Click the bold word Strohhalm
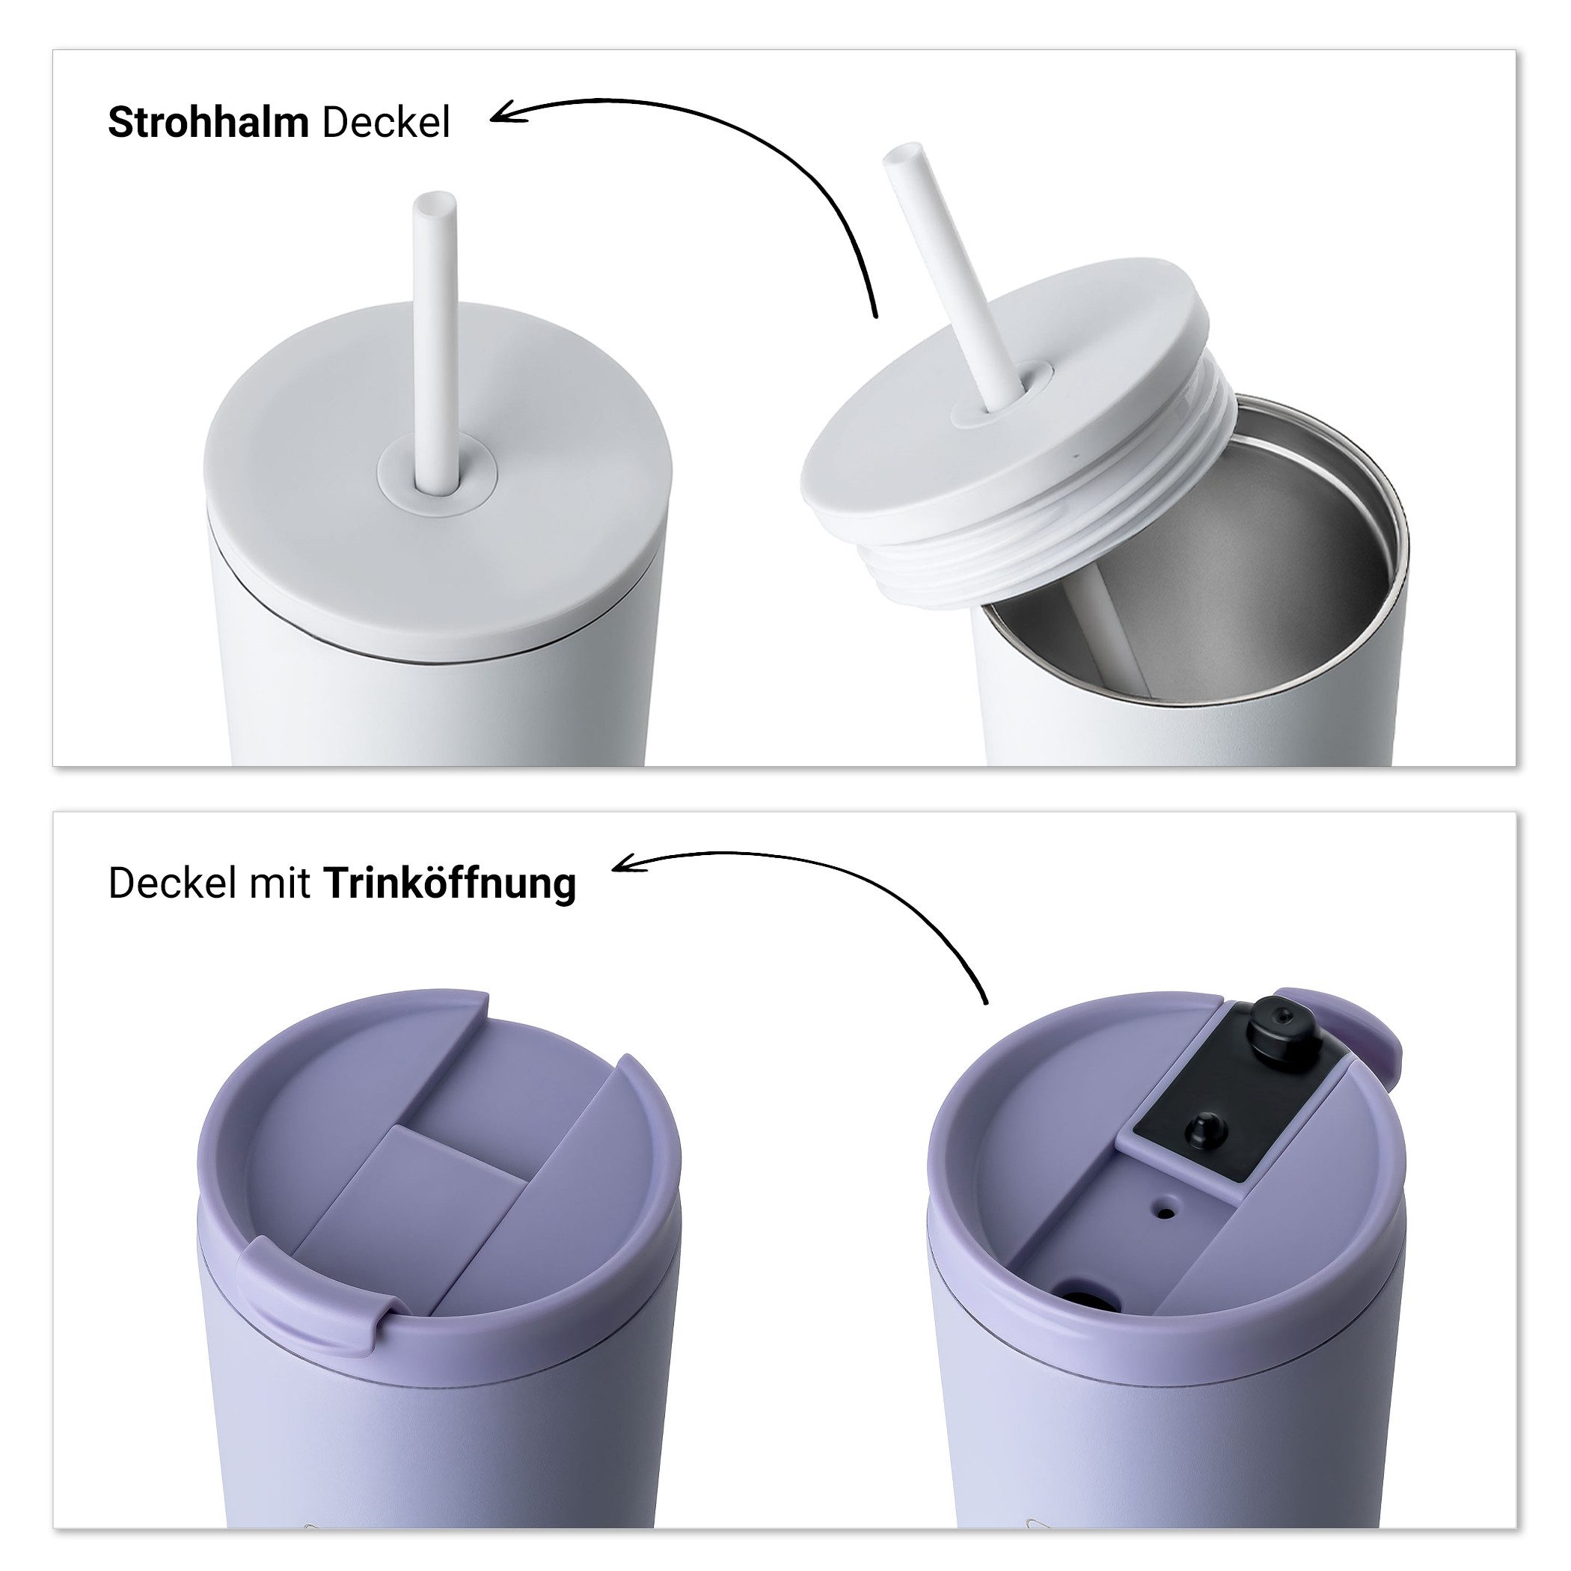pos(208,123)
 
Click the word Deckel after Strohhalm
pos(385,123)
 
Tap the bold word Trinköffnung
pos(450,884)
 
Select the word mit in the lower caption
pos(280,884)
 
